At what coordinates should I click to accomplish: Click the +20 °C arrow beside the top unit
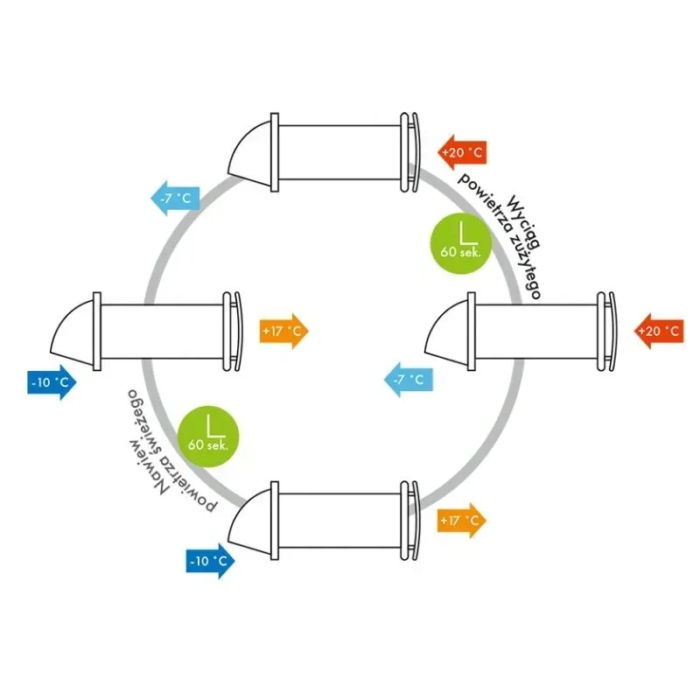pos(462,152)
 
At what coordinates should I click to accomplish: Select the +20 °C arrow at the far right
pos(659,331)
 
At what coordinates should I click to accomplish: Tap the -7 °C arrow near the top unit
pos(176,199)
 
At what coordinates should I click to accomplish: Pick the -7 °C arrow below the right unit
pos(409,380)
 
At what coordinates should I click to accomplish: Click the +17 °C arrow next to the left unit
pos(283,331)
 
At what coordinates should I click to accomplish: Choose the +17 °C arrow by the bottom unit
pos(462,520)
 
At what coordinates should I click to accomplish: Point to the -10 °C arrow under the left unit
pos(52,382)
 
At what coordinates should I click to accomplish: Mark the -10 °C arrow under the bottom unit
pos(210,561)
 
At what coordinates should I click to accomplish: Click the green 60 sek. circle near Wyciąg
pos(461,243)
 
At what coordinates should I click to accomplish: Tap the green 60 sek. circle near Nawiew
pos(208,436)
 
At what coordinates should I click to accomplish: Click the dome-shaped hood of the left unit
pos(73,332)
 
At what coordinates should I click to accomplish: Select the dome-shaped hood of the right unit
pos(446,332)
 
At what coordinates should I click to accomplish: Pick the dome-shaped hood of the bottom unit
pos(249,521)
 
